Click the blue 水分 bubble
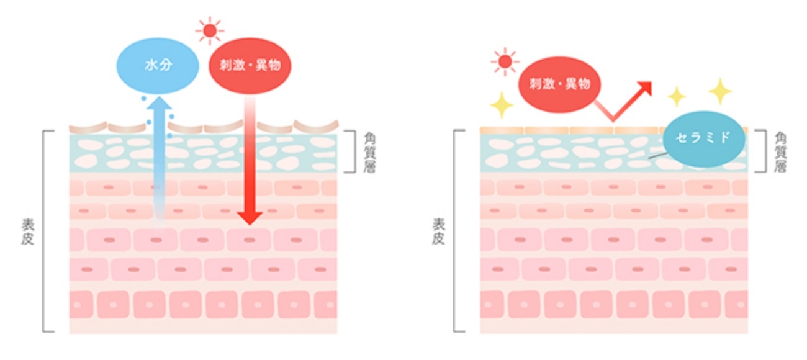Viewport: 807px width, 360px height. [158, 65]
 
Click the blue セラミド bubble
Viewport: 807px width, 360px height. [703, 138]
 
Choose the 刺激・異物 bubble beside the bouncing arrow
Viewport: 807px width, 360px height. [559, 84]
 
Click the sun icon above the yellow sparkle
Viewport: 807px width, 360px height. [505, 61]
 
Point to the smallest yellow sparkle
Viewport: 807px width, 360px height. [676, 96]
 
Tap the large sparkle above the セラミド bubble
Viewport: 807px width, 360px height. [721, 91]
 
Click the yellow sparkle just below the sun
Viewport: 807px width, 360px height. [502, 105]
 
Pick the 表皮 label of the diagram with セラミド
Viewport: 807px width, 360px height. [438, 232]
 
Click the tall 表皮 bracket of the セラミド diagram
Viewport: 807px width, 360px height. [456, 231]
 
